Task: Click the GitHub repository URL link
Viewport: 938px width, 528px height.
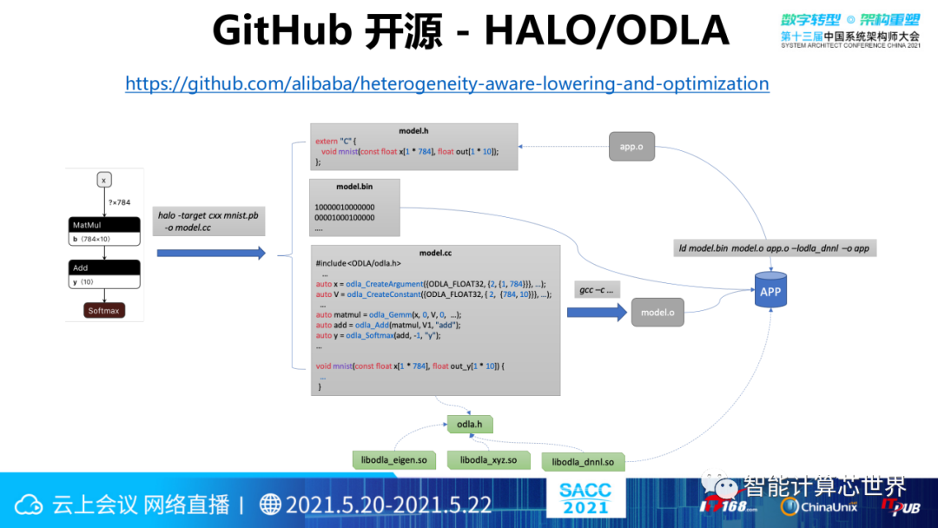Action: pos(446,84)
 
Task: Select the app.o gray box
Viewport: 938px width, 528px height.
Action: pos(631,145)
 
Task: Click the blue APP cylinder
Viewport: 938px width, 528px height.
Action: pos(770,292)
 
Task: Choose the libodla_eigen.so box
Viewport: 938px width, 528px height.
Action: pos(395,459)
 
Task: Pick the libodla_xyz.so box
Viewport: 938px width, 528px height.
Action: pos(488,459)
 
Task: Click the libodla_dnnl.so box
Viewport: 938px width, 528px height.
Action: pos(583,462)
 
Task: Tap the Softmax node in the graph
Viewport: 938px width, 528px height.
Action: pos(103,310)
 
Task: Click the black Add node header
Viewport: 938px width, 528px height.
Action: pos(104,267)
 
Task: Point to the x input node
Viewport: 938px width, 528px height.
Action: pos(104,181)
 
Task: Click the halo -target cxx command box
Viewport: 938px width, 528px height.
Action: pos(208,221)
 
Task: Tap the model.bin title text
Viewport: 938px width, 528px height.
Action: pos(354,187)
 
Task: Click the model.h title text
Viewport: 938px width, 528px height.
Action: pos(413,131)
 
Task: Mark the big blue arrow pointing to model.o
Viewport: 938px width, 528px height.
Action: pos(597,313)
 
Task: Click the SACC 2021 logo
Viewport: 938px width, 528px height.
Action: pos(585,497)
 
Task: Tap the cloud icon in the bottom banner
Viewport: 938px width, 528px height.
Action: pos(30,505)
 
